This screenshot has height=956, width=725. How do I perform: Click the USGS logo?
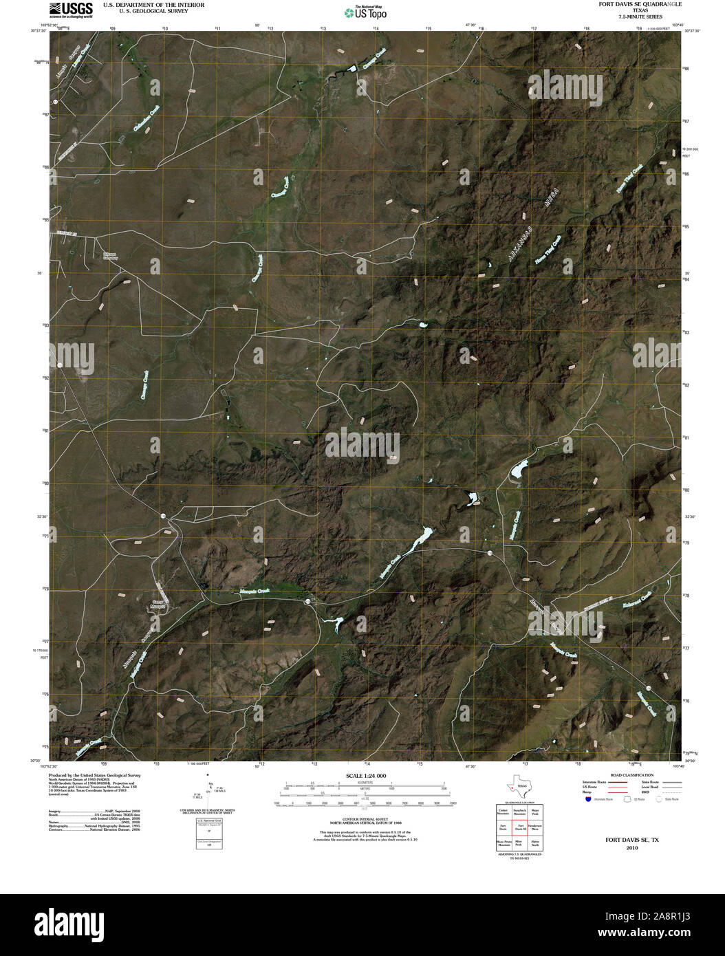click(x=70, y=9)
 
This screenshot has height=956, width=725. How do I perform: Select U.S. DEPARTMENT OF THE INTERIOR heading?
click(x=153, y=5)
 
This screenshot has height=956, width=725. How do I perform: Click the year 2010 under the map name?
click(x=632, y=848)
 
